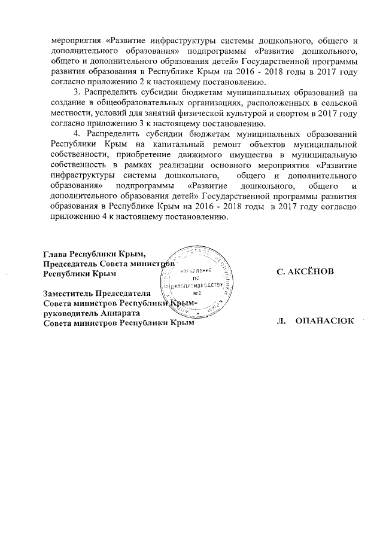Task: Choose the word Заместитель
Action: pyautogui.click(x=68, y=293)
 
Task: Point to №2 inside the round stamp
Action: pyautogui.click(x=197, y=294)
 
